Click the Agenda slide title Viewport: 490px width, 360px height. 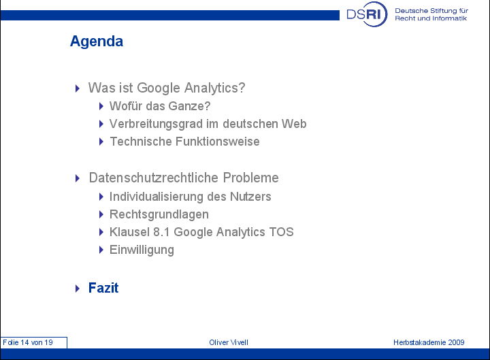click(97, 42)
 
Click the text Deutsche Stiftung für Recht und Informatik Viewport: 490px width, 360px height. click(431, 14)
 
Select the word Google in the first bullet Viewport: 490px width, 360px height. click(159, 88)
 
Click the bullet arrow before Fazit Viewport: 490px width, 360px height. click(78, 288)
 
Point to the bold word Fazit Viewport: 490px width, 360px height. click(103, 288)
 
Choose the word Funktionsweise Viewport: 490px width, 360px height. click(218, 142)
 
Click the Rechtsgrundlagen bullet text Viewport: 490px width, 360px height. click(159, 214)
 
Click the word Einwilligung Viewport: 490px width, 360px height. click(142, 250)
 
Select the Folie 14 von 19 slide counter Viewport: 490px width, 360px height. click(28, 342)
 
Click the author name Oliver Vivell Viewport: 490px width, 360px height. click(229, 342)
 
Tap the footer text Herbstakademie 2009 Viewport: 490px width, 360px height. click(429, 342)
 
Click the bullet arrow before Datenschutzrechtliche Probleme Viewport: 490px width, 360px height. click(78, 178)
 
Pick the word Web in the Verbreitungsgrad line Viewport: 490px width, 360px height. click(294, 124)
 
